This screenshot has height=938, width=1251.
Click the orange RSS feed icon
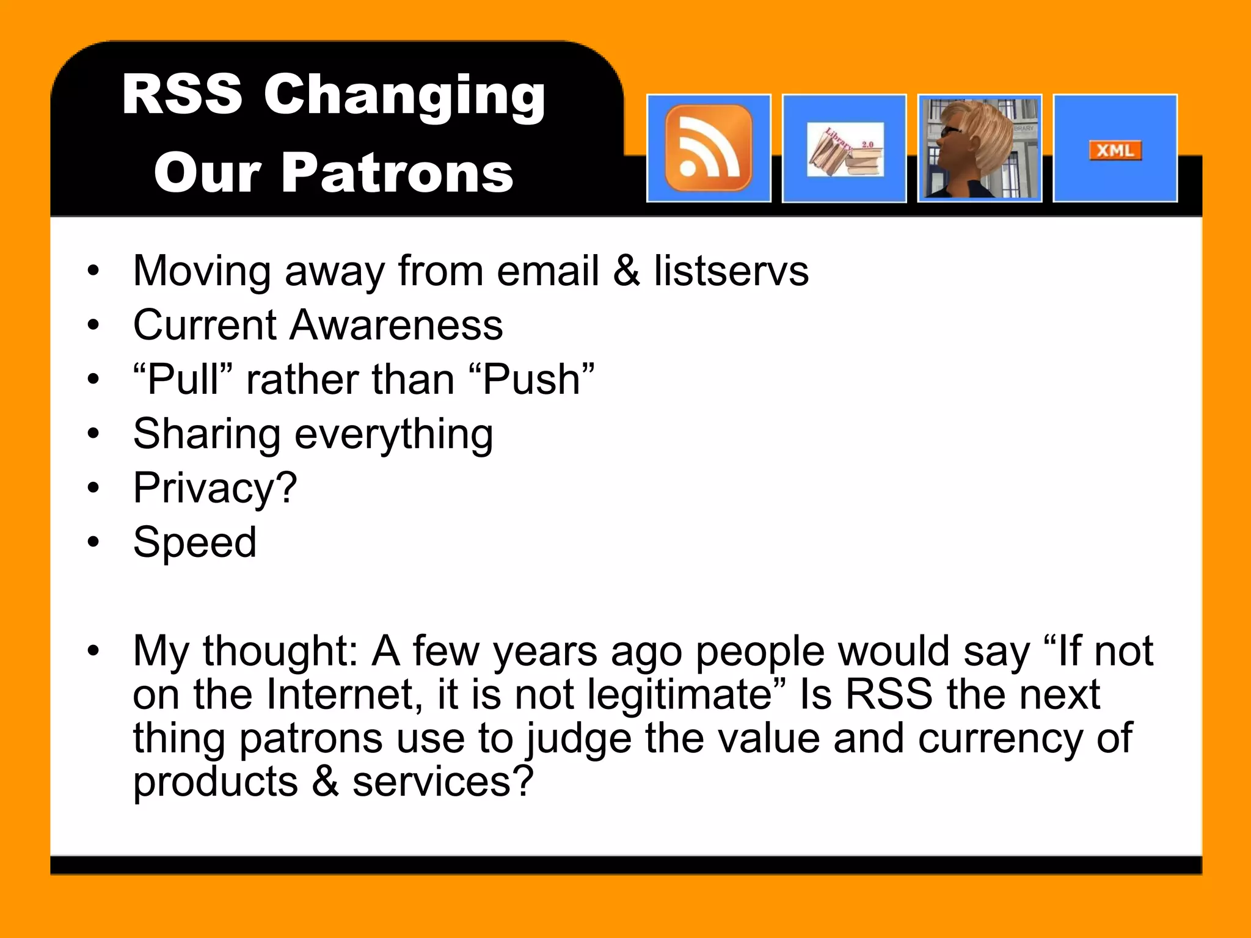pos(709,148)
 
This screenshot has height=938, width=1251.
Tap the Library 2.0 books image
pos(845,150)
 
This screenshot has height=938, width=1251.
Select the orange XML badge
pos(1115,150)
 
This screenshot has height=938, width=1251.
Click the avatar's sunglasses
pos(950,130)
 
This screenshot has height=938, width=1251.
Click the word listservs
pos(731,271)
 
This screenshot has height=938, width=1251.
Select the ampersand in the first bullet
pos(627,271)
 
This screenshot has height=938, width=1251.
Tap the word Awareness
pos(396,325)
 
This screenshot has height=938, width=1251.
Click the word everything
pos(394,434)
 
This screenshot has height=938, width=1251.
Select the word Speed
pos(195,542)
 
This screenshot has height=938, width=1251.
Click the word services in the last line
pos(442,782)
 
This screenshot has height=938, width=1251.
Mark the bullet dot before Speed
pos(93,542)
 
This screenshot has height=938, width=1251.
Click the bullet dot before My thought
pos(93,651)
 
